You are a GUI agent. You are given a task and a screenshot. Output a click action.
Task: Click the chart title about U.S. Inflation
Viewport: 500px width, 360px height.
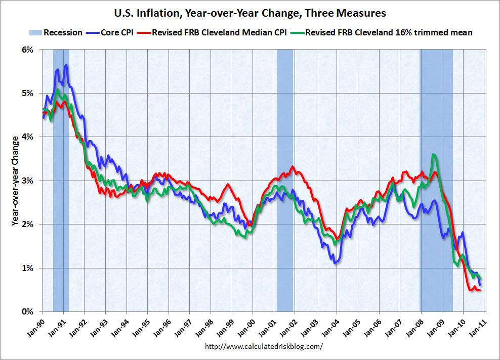click(250, 13)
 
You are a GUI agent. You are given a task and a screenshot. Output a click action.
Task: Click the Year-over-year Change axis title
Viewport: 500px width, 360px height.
click(15, 181)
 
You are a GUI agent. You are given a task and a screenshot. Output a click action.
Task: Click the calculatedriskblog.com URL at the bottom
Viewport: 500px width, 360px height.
click(264, 347)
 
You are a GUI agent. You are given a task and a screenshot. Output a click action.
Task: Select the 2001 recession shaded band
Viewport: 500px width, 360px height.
click(285, 181)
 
